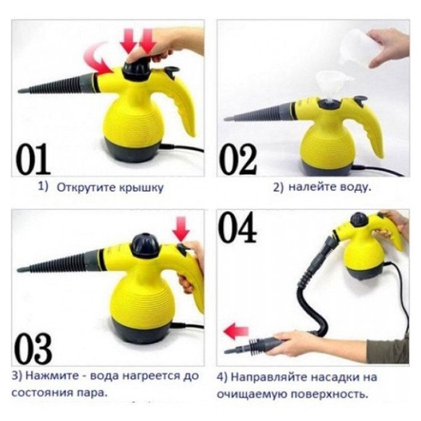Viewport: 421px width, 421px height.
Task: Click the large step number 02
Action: coord(237,158)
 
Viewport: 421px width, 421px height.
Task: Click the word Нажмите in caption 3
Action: coord(49,376)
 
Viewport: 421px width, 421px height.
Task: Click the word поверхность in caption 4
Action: coord(334,395)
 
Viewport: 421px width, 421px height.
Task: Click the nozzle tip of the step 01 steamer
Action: coord(19,91)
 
